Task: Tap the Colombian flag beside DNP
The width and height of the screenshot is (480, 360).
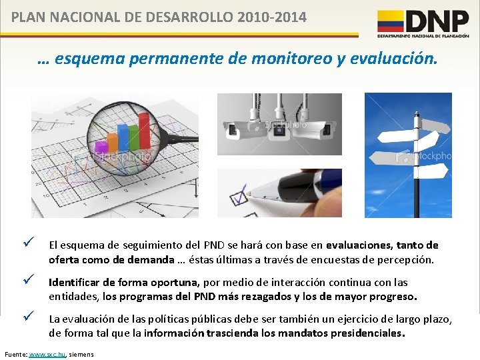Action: pos(391,21)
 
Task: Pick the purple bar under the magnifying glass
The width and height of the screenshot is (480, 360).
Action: pos(102,146)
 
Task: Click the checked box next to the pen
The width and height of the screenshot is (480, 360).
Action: pos(238,199)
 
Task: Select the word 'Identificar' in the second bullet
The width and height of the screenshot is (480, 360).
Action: pos(73,282)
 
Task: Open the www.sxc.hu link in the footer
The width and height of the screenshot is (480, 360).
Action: pos(49,353)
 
